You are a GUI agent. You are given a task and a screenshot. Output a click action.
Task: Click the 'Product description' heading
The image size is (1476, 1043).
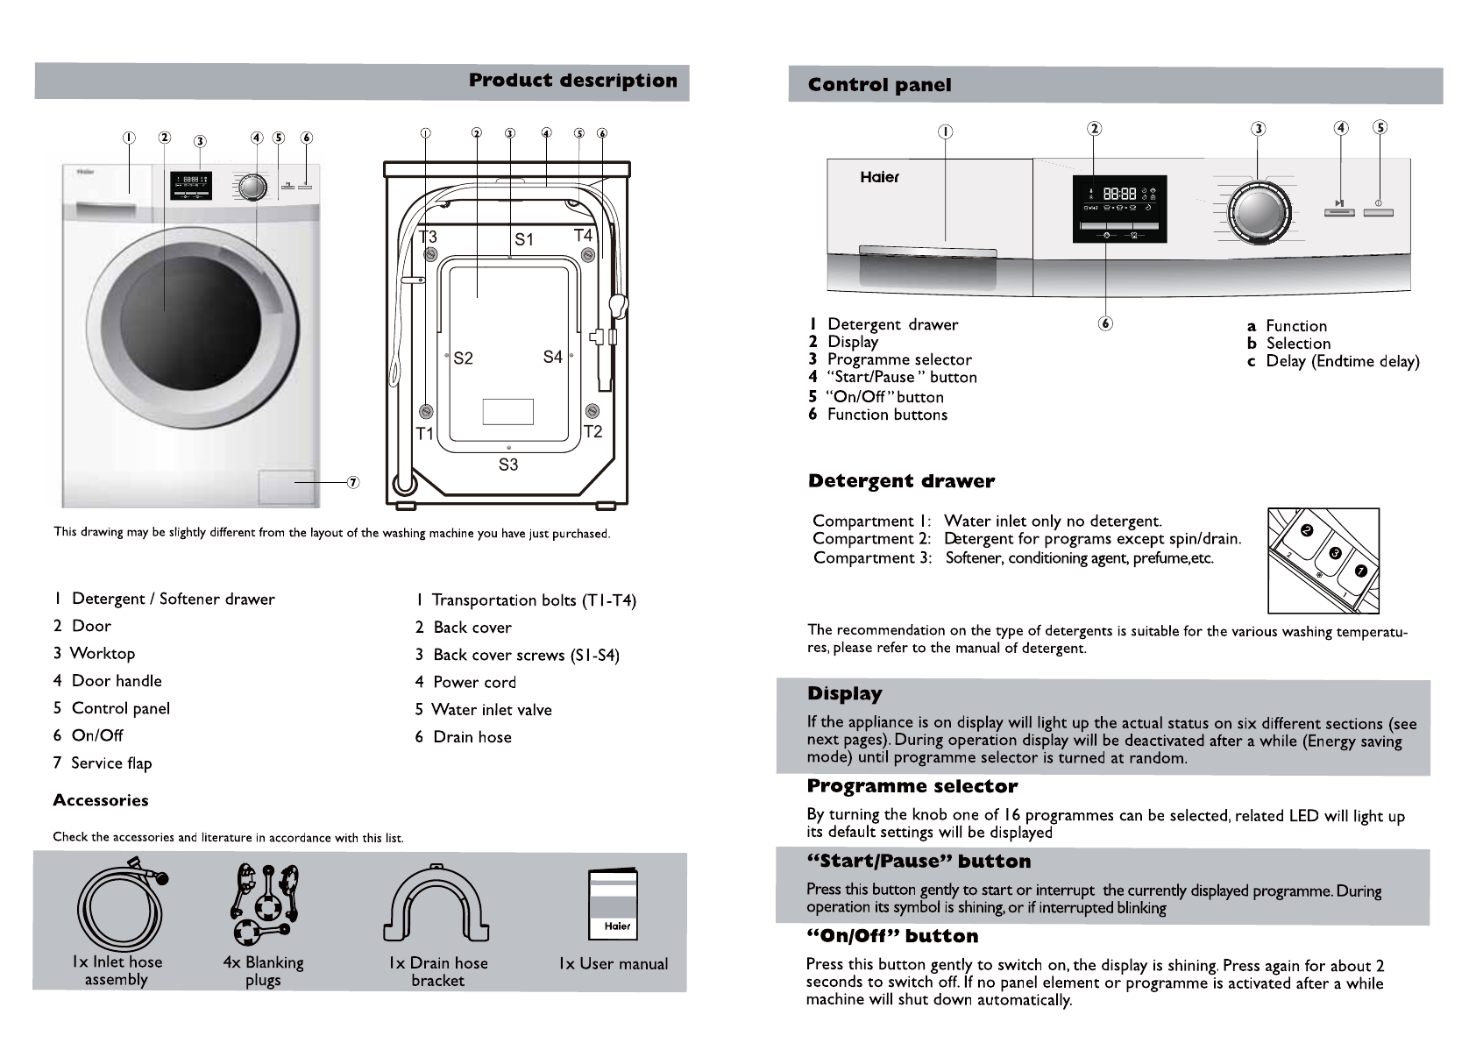572,82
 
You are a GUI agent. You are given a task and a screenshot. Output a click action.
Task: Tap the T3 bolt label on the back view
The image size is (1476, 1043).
427,237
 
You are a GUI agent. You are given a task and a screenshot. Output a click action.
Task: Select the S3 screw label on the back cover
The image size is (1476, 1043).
508,465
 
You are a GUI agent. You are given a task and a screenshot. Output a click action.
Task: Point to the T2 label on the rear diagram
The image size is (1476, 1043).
593,431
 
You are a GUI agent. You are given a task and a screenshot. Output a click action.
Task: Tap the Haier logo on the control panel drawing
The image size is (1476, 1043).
879,177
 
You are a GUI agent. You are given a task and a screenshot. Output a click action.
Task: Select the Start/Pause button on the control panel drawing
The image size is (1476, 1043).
1338,210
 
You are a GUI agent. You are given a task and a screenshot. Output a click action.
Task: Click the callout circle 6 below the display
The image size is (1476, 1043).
1105,323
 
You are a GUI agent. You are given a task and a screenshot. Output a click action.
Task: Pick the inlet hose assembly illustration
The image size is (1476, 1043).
120,903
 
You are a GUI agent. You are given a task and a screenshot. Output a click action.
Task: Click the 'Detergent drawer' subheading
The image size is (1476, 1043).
901,481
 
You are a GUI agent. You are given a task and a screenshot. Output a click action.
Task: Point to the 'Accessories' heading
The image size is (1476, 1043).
101,800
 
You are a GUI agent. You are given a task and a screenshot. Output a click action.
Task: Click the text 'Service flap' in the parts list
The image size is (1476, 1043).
111,763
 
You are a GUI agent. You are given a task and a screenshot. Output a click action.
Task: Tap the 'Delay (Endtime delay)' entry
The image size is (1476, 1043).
1342,361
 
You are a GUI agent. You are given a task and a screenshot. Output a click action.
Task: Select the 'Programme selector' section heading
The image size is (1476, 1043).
912,786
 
